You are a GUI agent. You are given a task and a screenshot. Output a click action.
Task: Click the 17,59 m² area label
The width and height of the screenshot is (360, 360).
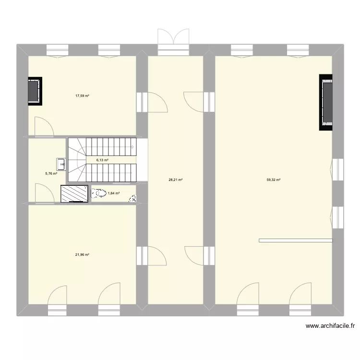pyautogui.click(x=82, y=96)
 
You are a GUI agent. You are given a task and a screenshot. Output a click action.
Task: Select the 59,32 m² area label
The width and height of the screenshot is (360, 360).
pyautogui.click(x=274, y=180)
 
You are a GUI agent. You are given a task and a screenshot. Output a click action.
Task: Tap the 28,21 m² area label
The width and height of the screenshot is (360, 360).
pyautogui.click(x=176, y=180)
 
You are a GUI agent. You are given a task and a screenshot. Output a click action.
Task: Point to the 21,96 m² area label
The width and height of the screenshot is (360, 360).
pyautogui.click(x=82, y=254)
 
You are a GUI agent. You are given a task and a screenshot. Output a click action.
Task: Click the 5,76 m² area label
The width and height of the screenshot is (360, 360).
pyautogui.click(x=51, y=174)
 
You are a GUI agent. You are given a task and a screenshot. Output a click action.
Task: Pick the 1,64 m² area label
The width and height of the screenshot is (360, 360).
pyautogui.click(x=114, y=193)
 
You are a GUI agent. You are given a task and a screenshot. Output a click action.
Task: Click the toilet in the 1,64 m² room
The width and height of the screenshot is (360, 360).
pyautogui.click(x=99, y=194)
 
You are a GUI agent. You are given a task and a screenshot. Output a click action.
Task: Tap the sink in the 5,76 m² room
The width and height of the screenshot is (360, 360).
pyautogui.click(x=62, y=164)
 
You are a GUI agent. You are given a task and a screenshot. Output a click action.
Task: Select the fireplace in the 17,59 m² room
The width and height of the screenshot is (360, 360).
pyautogui.click(x=35, y=91)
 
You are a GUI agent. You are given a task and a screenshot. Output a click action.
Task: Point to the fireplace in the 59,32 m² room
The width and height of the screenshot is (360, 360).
pyautogui.click(x=326, y=102)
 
